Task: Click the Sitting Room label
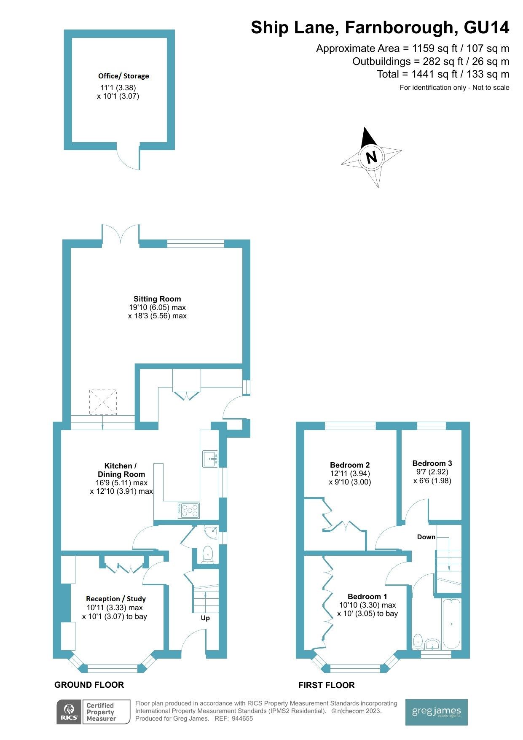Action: coord(157,299)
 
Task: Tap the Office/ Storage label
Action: coord(123,76)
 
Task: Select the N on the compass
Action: coord(371,157)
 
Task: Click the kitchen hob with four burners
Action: coord(188,510)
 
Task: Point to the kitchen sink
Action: coord(210,459)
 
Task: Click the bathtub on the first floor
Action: coord(451,624)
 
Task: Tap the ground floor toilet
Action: coord(207,554)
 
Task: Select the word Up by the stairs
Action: coord(205,618)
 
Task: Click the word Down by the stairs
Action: coord(426,537)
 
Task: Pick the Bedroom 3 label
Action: coord(432,463)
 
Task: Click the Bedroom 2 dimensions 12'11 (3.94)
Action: coord(350,474)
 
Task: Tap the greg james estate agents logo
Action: coord(436,712)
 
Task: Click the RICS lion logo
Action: coord(69,712)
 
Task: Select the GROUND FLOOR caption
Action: coord(89,685)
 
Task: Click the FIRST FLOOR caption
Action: coord(326,685)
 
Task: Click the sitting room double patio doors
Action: coord(121,234)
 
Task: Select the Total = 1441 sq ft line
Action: coord(443,74)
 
